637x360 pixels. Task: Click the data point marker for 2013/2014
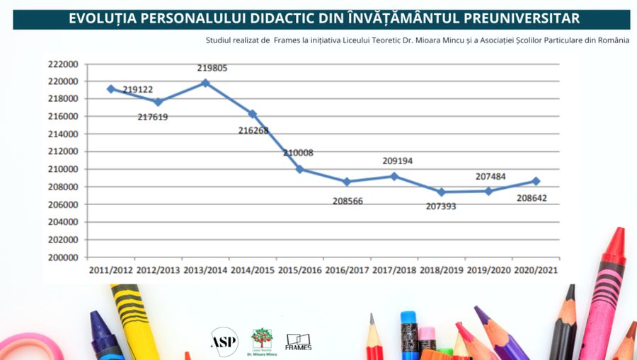tap(205, 83)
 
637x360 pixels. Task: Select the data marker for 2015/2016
tap(299, 169)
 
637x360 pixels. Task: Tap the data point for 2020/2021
tap(536, 181)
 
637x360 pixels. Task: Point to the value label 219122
tap(138, 91)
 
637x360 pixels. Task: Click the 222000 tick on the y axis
tap(63, 64)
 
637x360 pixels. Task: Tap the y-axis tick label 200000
tap(63, 257)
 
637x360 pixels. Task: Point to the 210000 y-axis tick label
tap(63, 169)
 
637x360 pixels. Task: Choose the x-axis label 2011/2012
tap(110, 271)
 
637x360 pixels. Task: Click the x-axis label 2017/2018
tap(394, 271)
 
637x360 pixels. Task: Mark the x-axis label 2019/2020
tap(489, 271)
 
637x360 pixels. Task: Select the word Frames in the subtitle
tap(286, 40)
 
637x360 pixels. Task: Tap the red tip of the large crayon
tap(616, 242)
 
